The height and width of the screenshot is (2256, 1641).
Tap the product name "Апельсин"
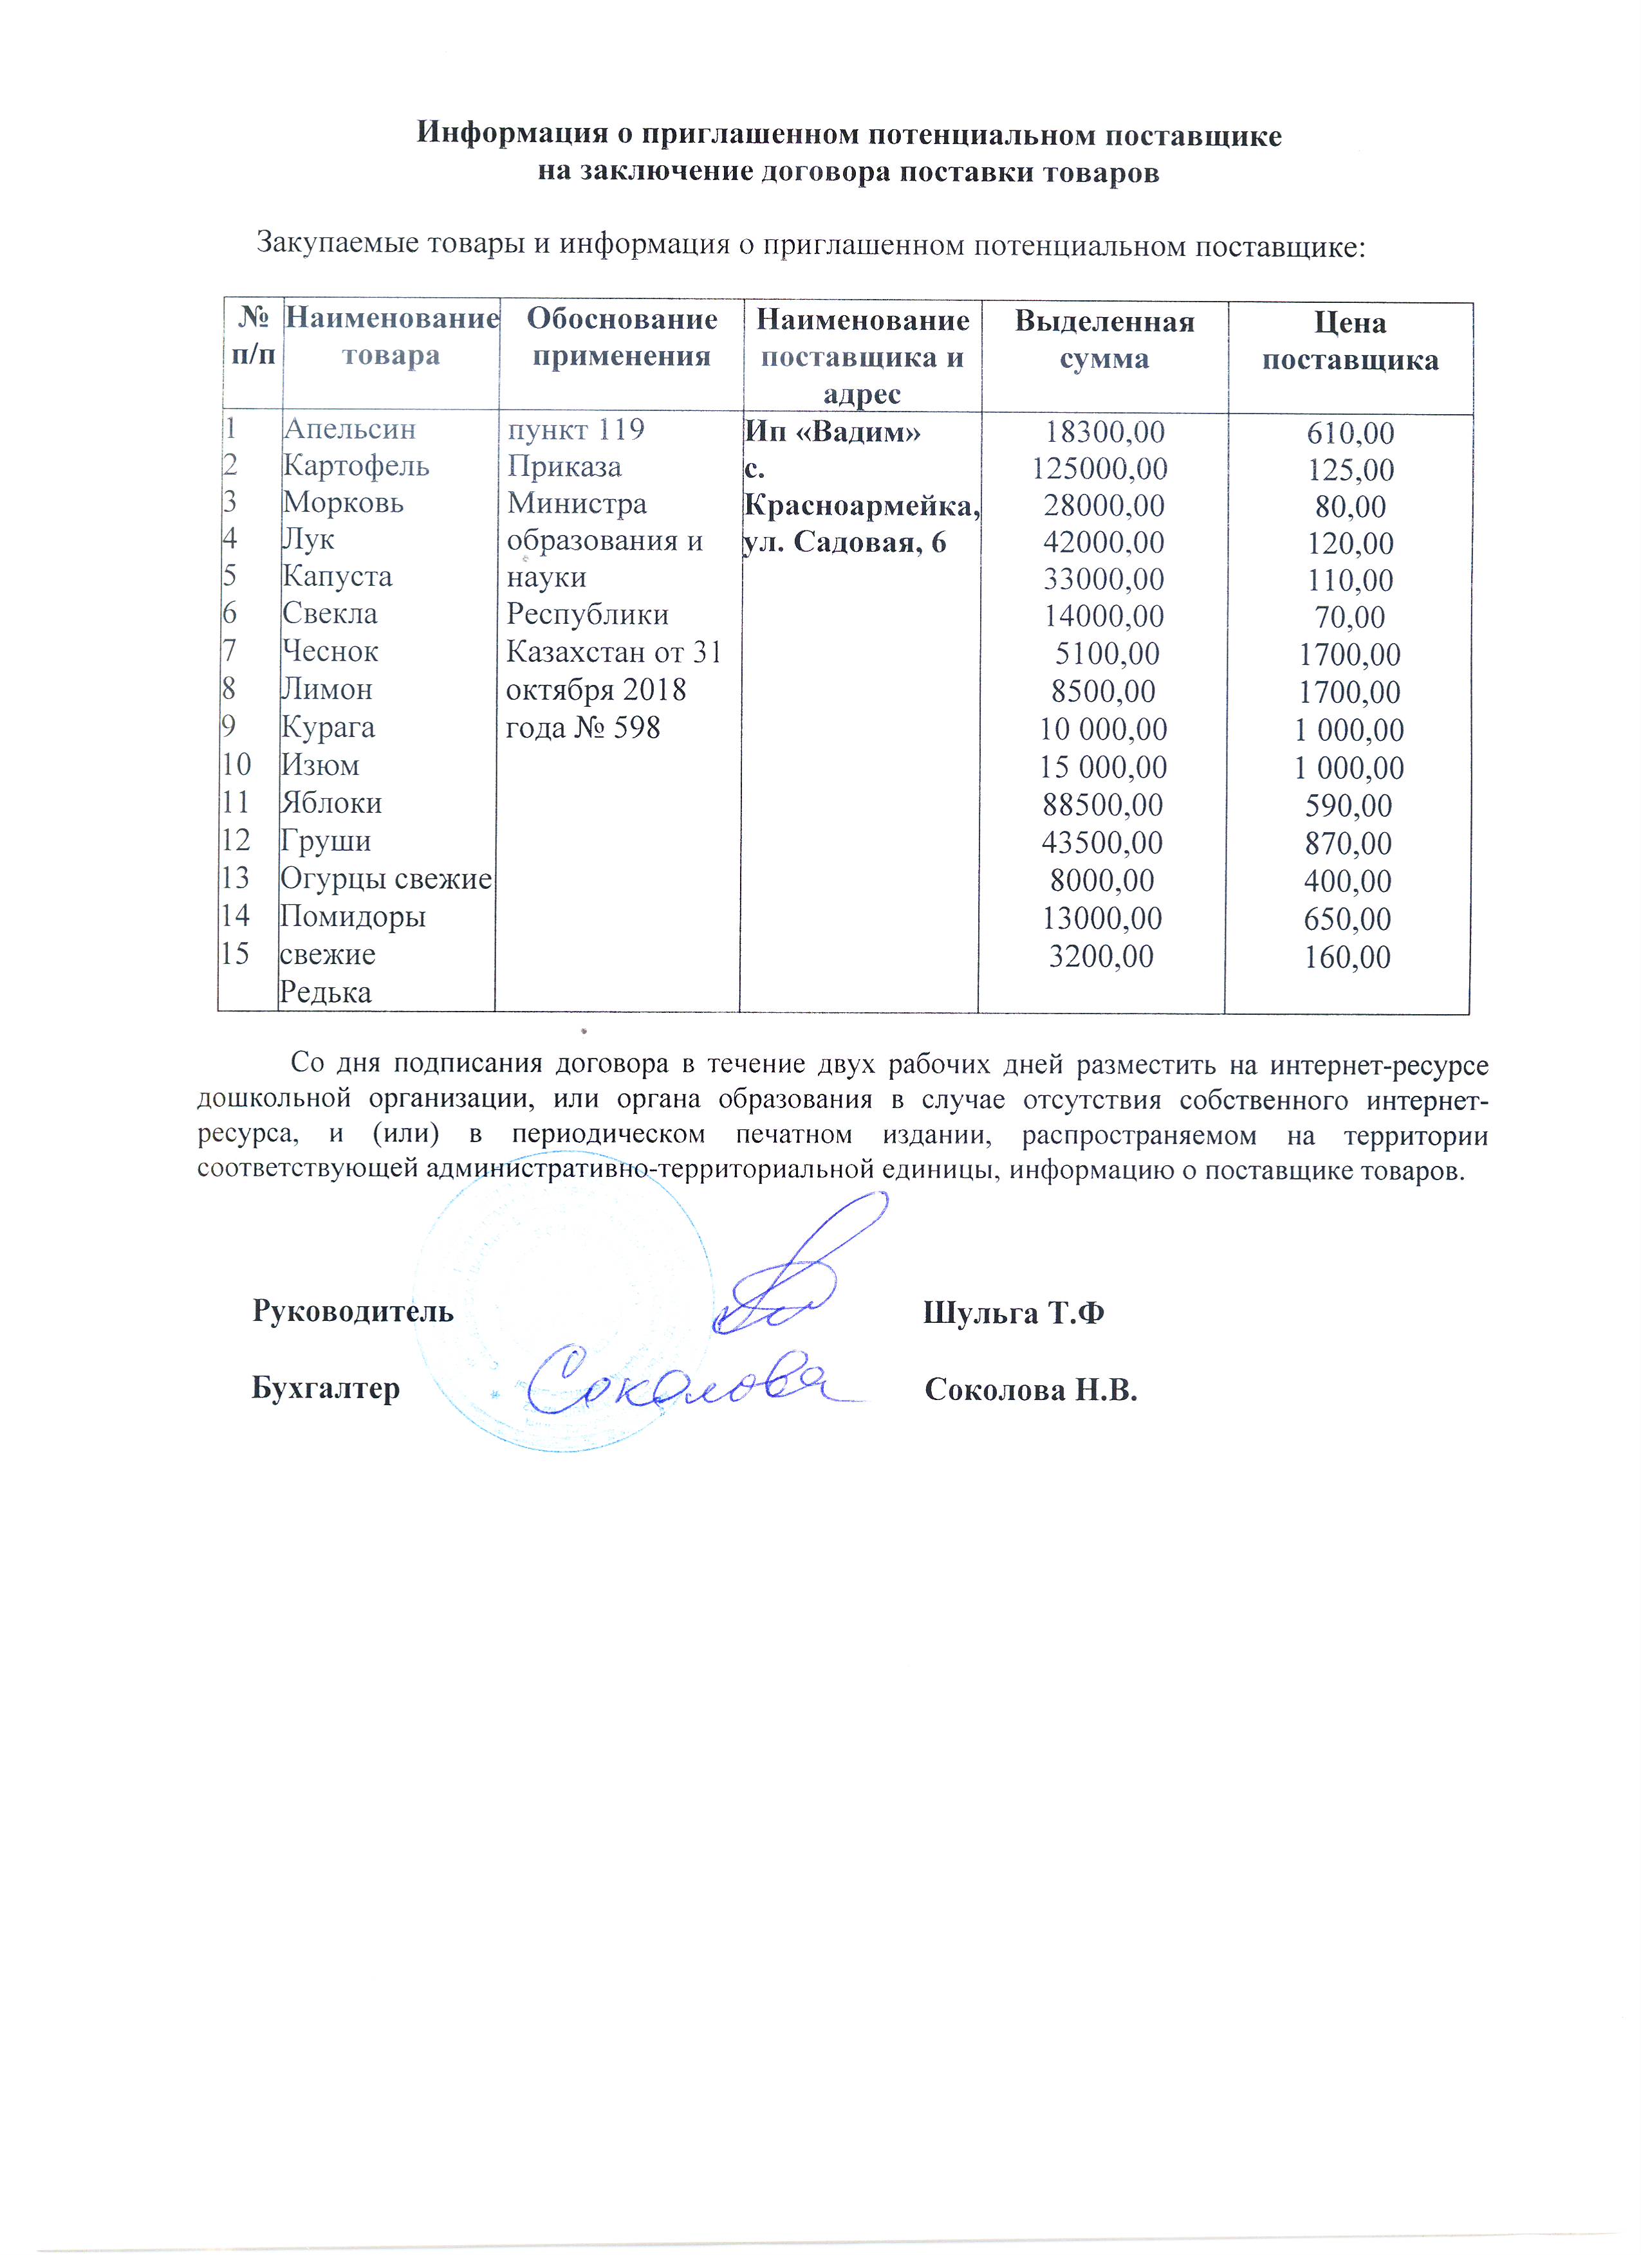[349, 429]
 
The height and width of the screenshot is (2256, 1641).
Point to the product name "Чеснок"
[330, 651]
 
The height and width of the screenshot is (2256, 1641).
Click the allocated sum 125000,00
[1100, 469]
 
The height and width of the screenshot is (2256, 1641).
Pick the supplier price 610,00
[1350, 433]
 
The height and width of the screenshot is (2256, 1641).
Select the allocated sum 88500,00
[1102, 805]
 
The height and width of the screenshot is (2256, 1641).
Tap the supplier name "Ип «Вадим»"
[833, 432]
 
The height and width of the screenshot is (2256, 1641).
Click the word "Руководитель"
[353, 1311]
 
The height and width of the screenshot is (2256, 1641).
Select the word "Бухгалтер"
[326, 1388]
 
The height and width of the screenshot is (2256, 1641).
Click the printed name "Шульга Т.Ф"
[1013, 1313]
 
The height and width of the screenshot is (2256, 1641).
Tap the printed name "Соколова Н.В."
[1030, 1390]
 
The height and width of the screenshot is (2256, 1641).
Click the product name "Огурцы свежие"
[386, 879]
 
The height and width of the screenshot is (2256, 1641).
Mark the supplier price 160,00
[1348, 957]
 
